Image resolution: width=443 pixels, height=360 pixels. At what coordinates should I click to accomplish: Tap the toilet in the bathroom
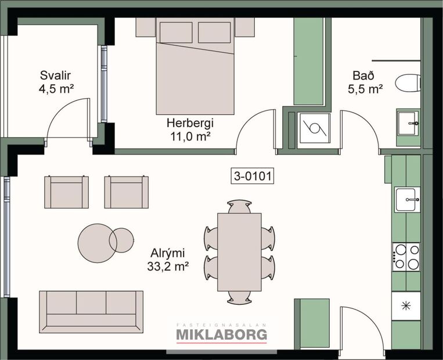(x=408, y=82)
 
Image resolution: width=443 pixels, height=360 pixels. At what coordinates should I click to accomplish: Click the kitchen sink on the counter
(x=407, y=200)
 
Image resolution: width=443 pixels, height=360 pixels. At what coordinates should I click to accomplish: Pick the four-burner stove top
(x=406, y=257)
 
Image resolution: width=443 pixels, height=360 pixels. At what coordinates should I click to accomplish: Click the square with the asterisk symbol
(x=406, y=305)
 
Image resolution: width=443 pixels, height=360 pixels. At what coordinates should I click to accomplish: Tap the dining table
(x=239, y=251)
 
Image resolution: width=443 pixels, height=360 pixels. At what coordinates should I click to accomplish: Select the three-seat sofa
(x=91, y=311)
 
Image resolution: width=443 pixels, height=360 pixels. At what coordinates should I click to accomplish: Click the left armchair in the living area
(x=67, y=192)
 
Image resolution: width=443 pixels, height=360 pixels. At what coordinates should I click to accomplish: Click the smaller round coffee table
(x=121, y=240)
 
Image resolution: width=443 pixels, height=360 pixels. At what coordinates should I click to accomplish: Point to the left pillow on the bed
(x=176, y=33)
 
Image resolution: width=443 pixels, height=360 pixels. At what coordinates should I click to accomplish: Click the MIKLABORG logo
(x=221, y=334)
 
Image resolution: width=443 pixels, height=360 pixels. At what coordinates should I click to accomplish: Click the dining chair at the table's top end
(x=239, y=206)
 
